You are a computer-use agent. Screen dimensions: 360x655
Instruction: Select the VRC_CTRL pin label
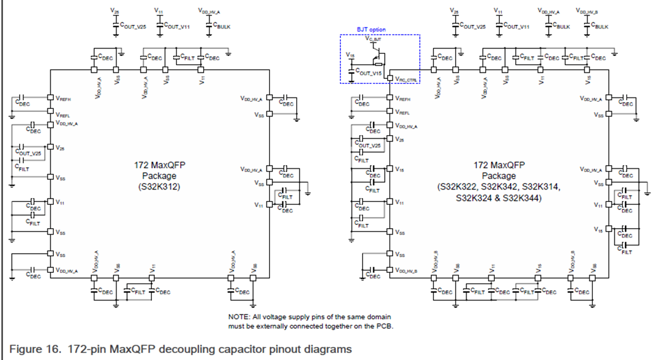tap(407, 80)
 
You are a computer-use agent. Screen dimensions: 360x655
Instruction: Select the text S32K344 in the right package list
tap(523, 199)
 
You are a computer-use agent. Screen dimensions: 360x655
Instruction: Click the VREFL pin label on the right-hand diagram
tap(403, 113)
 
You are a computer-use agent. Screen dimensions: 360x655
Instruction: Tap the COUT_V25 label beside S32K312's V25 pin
tap(28, 154)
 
